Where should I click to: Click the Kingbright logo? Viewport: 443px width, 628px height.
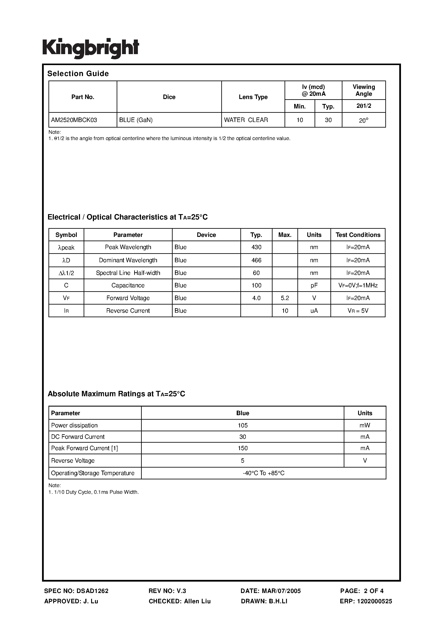[91, 48]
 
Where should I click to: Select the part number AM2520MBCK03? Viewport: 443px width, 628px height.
[74, 120]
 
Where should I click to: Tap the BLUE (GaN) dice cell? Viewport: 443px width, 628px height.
[136, 120]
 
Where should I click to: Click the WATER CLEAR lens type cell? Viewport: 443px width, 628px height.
[246, 120]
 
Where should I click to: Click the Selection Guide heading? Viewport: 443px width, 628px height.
[78, 74]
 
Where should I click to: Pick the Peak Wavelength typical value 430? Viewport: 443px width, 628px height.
[256, 247]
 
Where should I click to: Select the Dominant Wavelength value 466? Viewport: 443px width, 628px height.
[256, 260]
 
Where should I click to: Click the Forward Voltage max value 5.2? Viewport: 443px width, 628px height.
[285, 298]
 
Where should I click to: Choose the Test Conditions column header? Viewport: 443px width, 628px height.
[358, 235]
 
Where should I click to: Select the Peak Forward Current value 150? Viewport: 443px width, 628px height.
[243, 448]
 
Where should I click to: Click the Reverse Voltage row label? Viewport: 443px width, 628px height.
[73, 461]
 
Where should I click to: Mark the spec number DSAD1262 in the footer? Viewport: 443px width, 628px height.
[92, 591]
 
